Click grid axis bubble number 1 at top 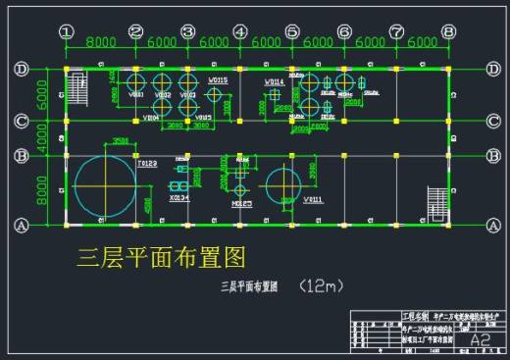click(67, 31)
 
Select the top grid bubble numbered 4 click(240, 31)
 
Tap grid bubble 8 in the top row click(448, 31)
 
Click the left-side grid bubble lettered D click(20, 69)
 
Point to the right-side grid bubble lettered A click(493, 224)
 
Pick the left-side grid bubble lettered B click(20, 155)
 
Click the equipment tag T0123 click(147, 163)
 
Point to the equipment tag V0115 click(218, 79)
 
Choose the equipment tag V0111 click(313, 199)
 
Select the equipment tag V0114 click(275, 81)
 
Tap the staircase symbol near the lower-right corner click(434, 202)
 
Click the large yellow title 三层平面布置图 click(161, 257)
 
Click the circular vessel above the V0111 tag click(283, 182)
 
